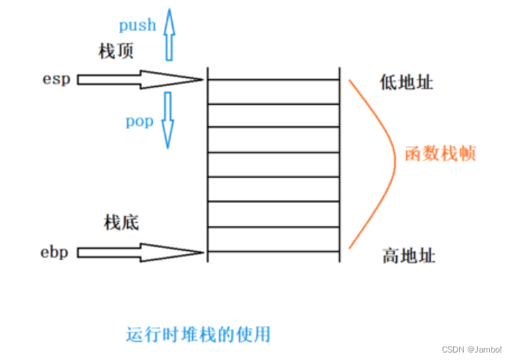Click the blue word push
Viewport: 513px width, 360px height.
tap(138, 25)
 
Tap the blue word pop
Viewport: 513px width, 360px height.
tap(140, 121)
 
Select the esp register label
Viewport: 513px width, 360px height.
tap(57, 79)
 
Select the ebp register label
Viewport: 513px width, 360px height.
tap(55, 252)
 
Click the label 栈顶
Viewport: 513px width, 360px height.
tap(116, 52)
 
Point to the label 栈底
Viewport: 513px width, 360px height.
tap(121, 223)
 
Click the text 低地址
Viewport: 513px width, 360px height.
tap(407, 82)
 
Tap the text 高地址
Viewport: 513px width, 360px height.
tap(409, 256)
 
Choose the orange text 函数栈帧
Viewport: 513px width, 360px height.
tap(440, 153)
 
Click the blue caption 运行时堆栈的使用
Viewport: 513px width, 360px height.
tap(198, 335)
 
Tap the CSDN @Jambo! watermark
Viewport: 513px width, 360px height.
tap(472, 350)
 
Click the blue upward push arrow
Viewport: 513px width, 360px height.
tap(169, 34)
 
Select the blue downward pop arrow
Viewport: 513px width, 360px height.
tap(168, 120)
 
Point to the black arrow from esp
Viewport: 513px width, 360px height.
tap(140, 79)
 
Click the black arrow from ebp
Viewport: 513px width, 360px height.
tap(141, 252)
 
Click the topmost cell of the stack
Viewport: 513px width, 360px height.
tap(274, 92)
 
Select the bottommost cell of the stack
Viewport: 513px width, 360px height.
tap(274, 239)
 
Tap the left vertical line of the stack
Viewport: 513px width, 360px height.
tap(208, 165)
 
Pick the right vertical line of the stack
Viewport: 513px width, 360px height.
tap(340, 165)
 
